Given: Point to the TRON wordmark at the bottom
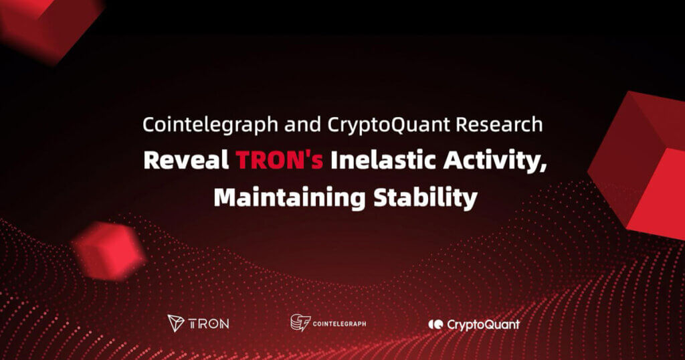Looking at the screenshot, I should point(209,324).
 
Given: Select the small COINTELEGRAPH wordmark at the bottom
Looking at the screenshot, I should point(340,324).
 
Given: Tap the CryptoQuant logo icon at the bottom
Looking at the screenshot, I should point(435,325).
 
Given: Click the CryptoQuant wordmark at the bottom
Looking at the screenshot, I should point(483,325).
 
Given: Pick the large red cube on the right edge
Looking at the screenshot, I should point(642,161).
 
